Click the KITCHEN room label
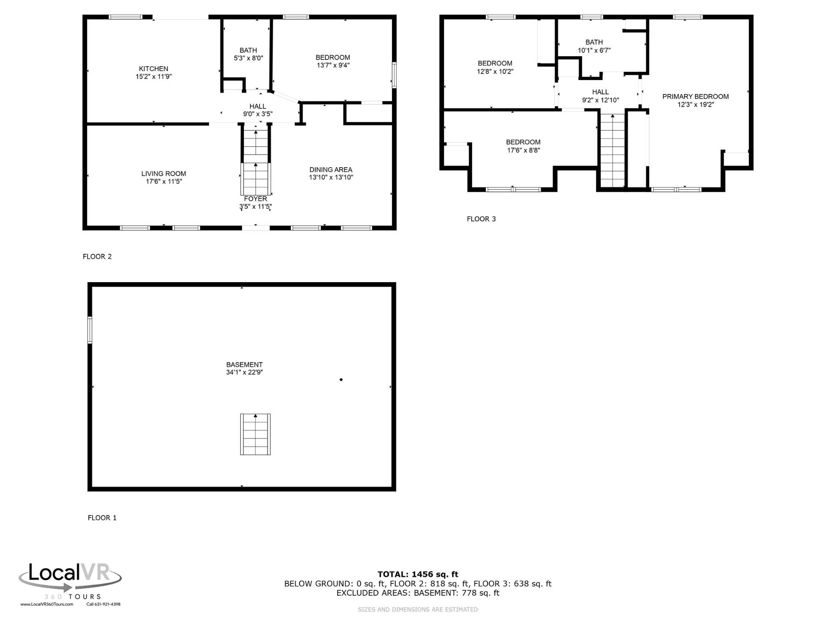tap(153, 69)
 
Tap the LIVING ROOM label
tap(164, 174)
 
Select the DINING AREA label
tap(331, 170)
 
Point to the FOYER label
tap(256, 199)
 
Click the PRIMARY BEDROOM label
tap(695, 97)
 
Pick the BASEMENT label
tap(244, 365)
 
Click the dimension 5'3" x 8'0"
tap(248, 58)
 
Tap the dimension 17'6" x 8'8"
tap(523, 151)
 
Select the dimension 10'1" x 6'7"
tap(594, 51)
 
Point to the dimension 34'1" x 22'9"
tap(244, 373)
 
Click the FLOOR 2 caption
tap(97, 257)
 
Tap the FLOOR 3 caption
tap(481, 219)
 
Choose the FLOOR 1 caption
tap(102, 518)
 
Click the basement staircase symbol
tap(256, 434)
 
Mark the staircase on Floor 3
tap(613, 150)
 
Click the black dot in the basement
tap(341, 380)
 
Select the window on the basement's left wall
tap(90, 330)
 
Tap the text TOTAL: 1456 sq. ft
tap(418, 574)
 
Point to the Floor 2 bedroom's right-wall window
tap(394, 75)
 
